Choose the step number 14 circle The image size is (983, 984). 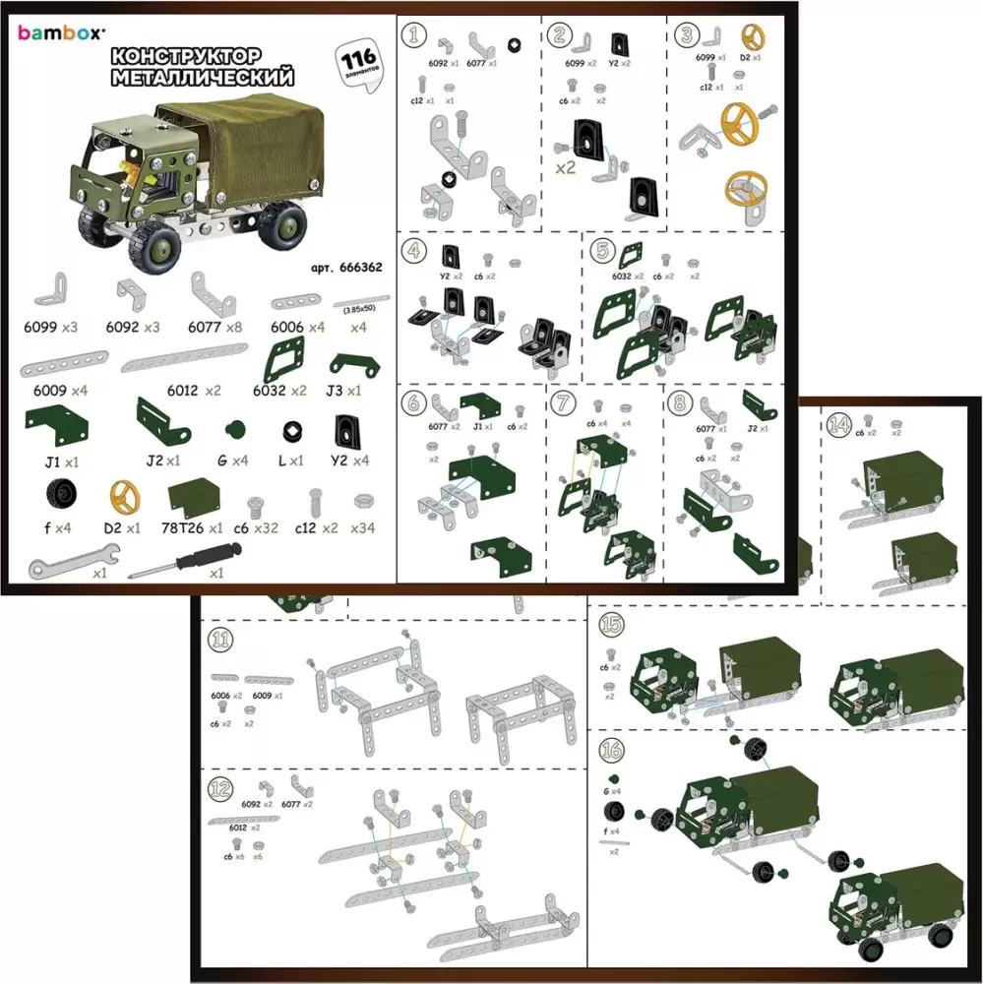point(839,423)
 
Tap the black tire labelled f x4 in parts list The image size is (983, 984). point(57,494)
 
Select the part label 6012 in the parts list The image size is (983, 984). point(183,391)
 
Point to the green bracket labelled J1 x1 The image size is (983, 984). point(56,425)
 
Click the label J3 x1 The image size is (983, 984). point(344,391)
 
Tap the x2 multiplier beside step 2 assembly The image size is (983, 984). point(565,168)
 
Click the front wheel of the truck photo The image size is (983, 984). point(158,248)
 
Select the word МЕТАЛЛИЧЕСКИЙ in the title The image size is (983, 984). point(203,77)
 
